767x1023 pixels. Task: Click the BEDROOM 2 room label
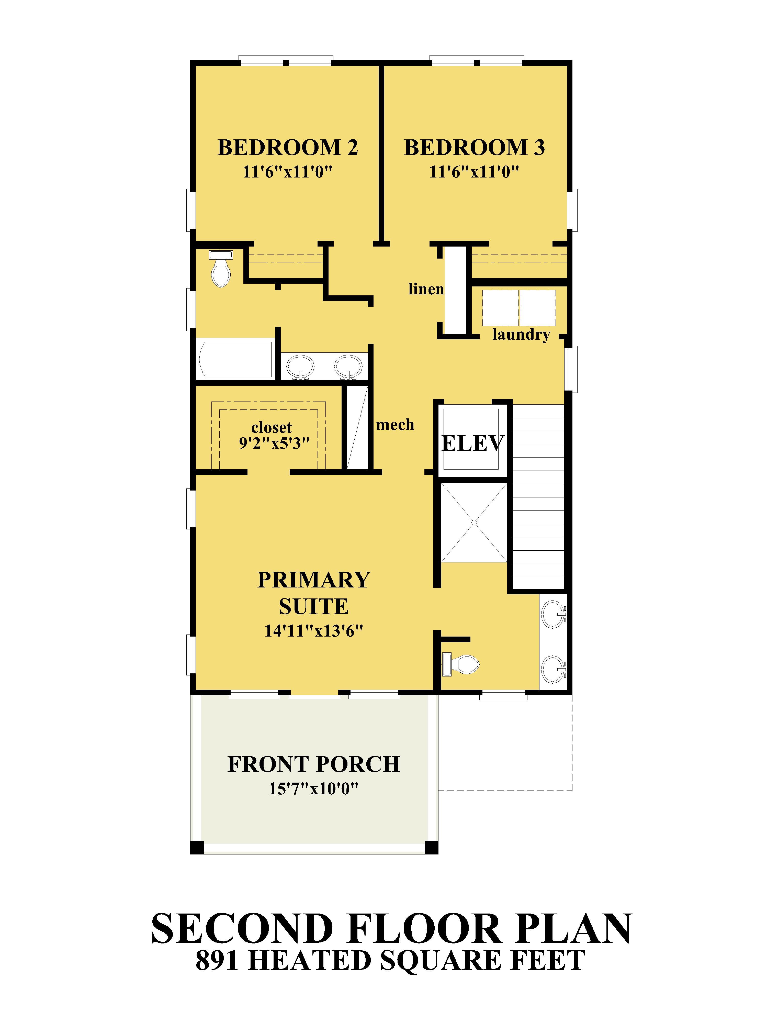click(x=288, y=148)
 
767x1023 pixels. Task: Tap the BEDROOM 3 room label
click(x=474, y=148)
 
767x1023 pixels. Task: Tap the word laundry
click(x=521, y=334)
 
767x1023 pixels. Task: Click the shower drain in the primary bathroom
click(x=474, y=522)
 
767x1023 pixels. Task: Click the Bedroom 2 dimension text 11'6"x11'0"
click(x=288, y=172)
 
